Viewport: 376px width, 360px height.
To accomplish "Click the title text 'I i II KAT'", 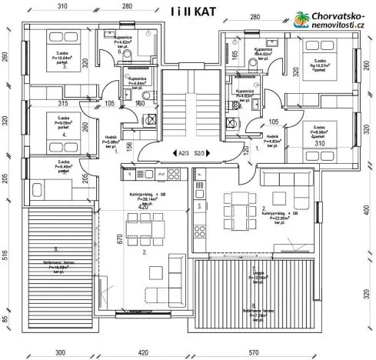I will coord(188,12).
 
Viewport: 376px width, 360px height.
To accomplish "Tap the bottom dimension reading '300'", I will coord(59,352).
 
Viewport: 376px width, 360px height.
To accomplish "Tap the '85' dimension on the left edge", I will coord(6,319).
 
